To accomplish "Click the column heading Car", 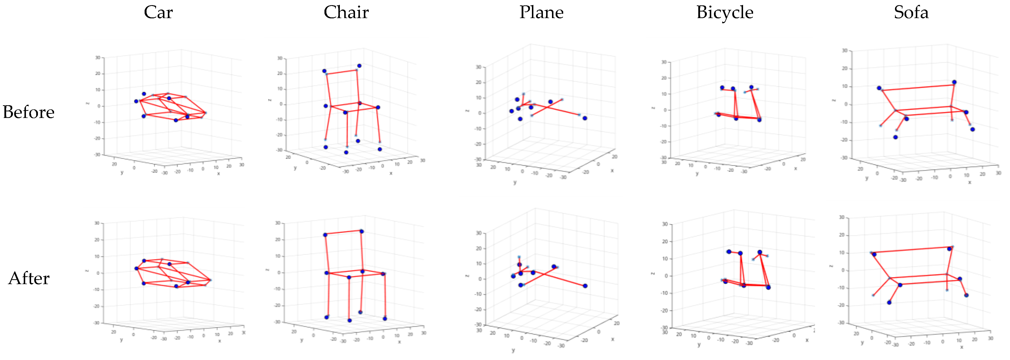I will (158, 12).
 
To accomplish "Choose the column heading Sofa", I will (911, 12).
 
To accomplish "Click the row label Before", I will (29, 112).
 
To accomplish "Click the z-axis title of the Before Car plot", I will (87, 104).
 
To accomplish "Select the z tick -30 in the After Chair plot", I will (277, 322).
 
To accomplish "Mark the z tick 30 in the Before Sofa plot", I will (845, 51).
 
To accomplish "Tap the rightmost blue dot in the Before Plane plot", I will (585, 118).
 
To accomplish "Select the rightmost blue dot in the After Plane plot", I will (585, 286).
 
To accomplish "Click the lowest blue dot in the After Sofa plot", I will (889, 302).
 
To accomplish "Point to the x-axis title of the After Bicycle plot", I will (807, 340).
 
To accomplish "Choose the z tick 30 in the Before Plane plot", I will (478, 67).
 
